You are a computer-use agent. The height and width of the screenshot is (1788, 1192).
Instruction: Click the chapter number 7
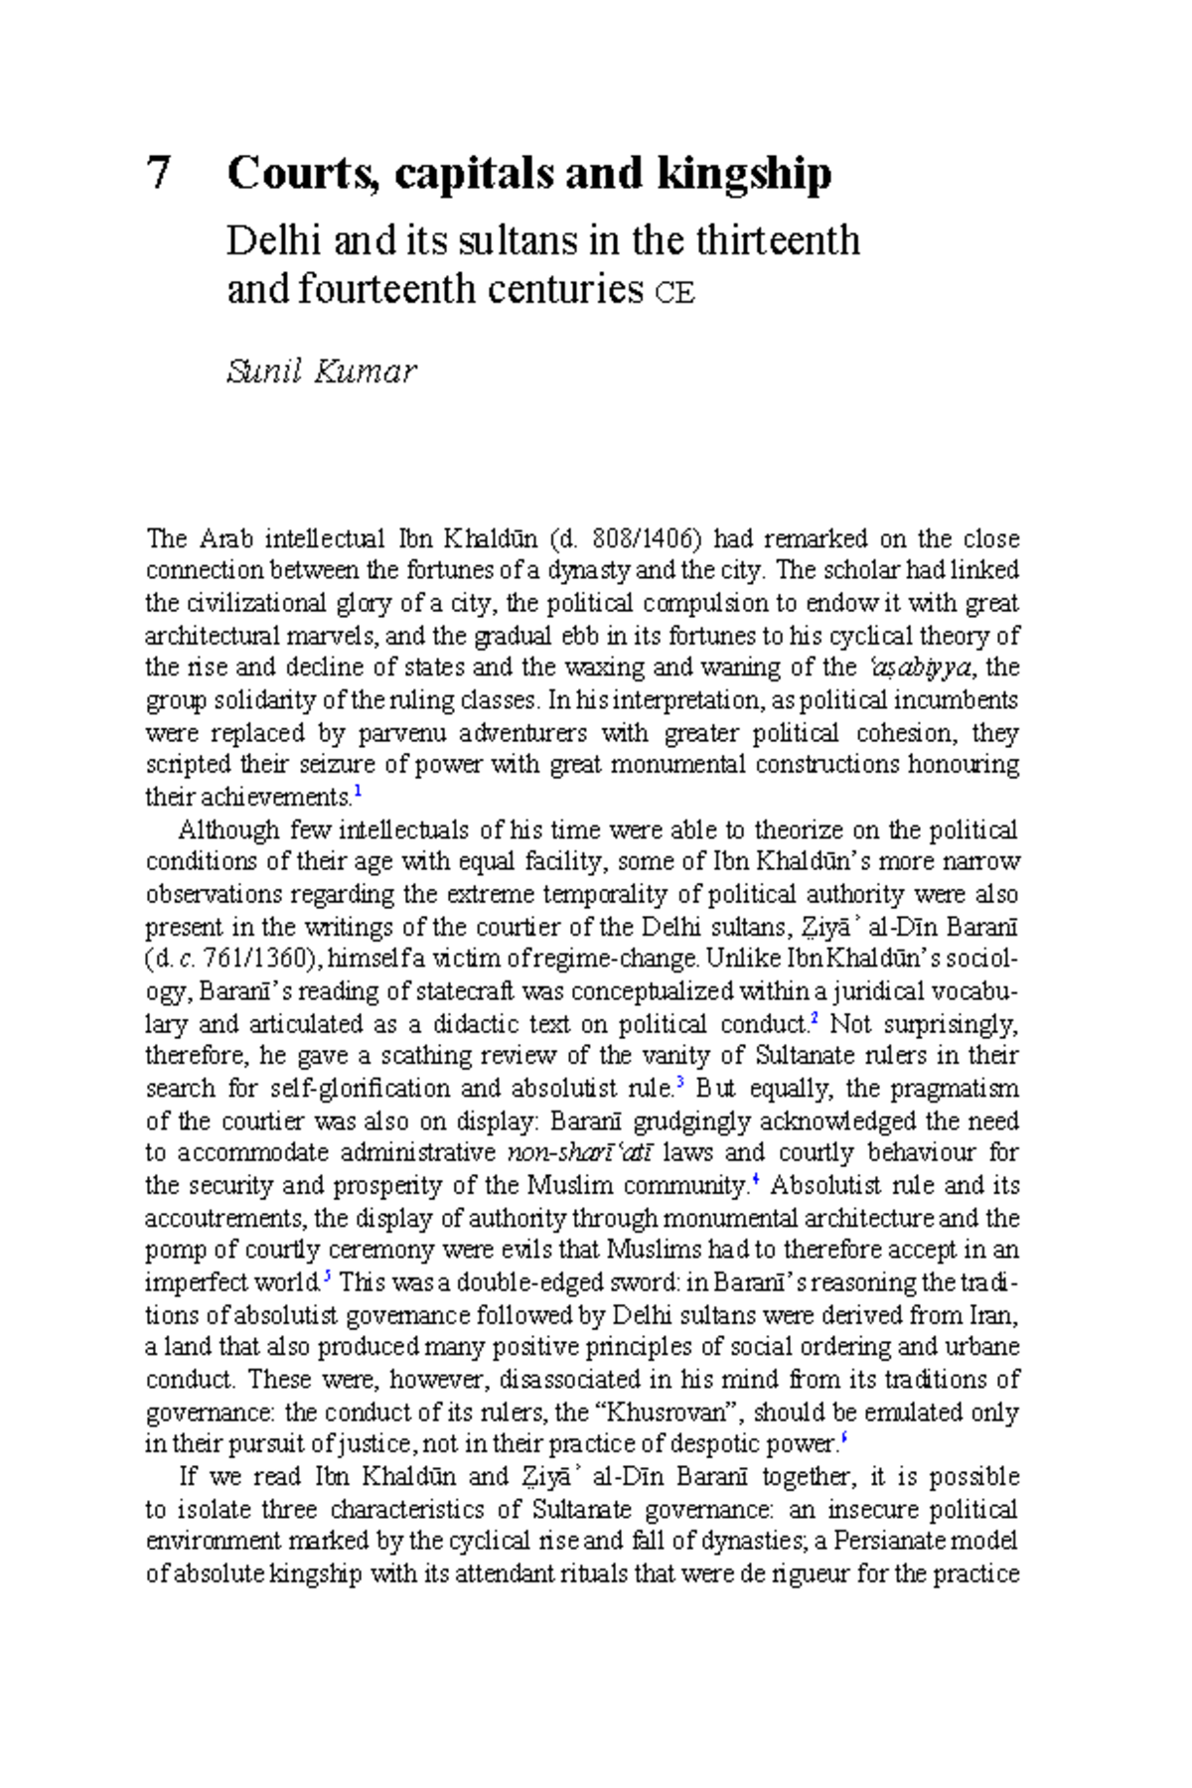click(x=159, y=174)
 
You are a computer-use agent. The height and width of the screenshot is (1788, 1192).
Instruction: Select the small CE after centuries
click(x=674, y=294)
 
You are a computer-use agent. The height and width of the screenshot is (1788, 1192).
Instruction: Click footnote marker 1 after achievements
click(x=358, y=793)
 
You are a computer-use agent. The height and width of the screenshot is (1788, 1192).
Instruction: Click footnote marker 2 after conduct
click(x=814, y=1019)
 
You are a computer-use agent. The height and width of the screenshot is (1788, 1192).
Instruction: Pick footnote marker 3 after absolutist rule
click(x=680, y=1083)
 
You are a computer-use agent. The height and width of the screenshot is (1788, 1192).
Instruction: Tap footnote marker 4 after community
click(x=756, y=1180)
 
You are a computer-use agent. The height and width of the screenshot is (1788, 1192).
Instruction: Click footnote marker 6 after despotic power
click(x=843, y=1438)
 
